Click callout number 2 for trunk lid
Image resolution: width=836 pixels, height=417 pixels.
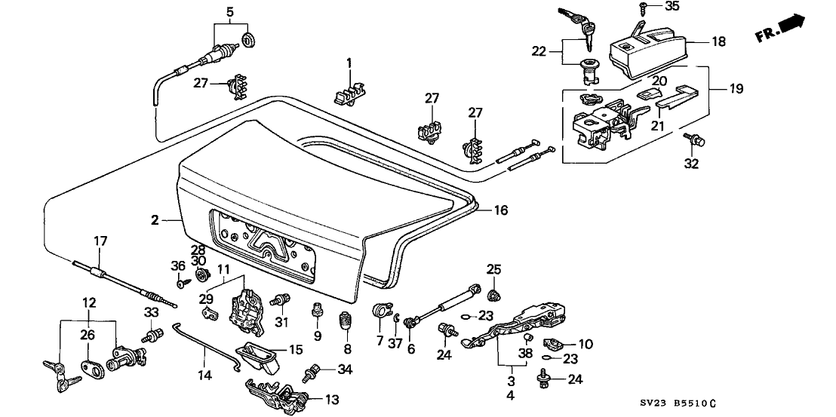[155, 220]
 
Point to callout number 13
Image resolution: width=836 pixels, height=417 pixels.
[332, 399]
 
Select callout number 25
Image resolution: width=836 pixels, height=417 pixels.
[493, 269]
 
